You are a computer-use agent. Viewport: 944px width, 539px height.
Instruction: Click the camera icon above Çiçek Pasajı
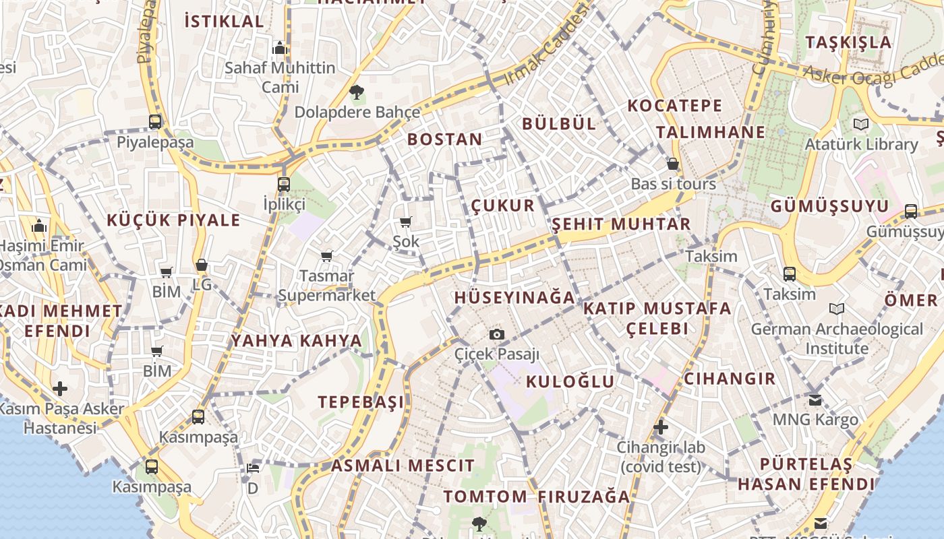(496, 334)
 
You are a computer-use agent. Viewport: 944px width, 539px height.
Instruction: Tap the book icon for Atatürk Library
(861, 125)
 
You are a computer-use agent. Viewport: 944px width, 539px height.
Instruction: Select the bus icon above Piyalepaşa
(155, 122)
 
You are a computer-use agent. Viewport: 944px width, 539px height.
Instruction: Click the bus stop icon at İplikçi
(284, 184)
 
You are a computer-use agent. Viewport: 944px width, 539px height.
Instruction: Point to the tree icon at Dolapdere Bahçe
(356, 92)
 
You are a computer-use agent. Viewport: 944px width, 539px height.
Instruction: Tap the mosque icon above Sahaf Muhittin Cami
(280, 48)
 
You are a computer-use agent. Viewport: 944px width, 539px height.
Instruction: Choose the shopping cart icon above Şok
(405, 222)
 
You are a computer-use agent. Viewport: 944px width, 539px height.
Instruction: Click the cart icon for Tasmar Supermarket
(327, 256)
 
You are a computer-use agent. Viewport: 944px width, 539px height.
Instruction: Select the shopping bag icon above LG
(201, 265)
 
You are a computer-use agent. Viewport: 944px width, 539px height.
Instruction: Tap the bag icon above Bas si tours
(672, 164)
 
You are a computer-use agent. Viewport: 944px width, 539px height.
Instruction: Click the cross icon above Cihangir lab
(661, 427)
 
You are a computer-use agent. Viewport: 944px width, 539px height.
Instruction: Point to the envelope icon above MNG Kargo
(815, 400)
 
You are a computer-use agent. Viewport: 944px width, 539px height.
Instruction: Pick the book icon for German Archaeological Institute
(837, 309)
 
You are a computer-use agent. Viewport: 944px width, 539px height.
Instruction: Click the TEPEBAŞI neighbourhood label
(361, 402)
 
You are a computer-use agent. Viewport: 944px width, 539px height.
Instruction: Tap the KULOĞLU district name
(570, 382)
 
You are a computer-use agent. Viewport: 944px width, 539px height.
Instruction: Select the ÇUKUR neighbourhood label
(502, 205)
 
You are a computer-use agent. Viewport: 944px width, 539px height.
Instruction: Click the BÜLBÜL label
(559, 123)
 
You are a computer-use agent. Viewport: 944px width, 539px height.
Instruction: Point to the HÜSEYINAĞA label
(514, 297)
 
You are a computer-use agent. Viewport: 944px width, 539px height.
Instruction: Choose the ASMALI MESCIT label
(403, 465)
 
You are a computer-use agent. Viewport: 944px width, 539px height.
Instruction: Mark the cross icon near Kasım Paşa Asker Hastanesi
(60, 389)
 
